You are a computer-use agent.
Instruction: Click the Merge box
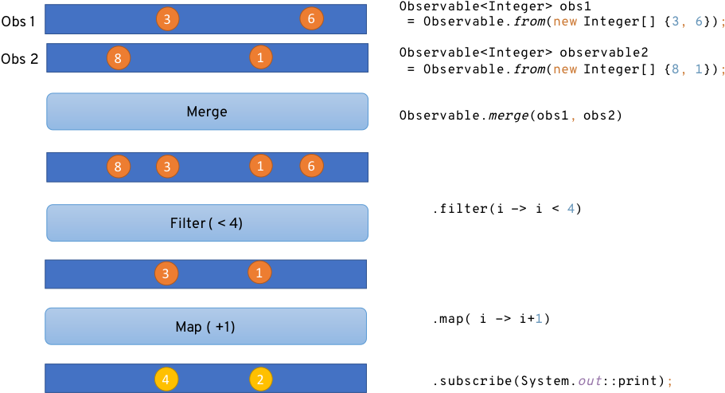tap(207, 112)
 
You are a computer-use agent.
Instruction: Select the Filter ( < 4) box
tap(207, 223)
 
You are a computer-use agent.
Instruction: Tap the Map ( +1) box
tap(205, 327)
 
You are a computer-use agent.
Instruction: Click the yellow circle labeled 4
tap(166, 379)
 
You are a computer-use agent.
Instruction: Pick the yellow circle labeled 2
tap(261, 379)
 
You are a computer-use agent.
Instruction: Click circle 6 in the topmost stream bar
tap(311, 18)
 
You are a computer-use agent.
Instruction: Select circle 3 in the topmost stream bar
tap(166, 19)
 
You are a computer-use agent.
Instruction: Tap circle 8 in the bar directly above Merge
tap(118, 58)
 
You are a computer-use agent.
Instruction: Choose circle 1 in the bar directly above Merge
tap(260, 57)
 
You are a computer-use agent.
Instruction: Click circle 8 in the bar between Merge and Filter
tap(118, 167)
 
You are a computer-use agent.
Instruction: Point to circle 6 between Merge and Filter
tap(311, 167)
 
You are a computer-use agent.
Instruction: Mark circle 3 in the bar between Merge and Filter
tap(167, 167)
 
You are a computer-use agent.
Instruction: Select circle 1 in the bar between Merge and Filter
tap(260, 166)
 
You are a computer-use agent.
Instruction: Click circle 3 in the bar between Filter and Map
tap(166, 273)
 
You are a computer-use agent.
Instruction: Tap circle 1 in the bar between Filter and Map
tap(259, 273)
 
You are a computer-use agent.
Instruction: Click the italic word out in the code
tap(590, 381)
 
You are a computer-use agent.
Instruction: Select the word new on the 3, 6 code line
tap(565, 22)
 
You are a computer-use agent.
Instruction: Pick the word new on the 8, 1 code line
tap(565, 69)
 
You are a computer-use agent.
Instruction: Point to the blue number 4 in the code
tap(571, 209)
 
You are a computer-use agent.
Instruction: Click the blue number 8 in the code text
tap(676, 69)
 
